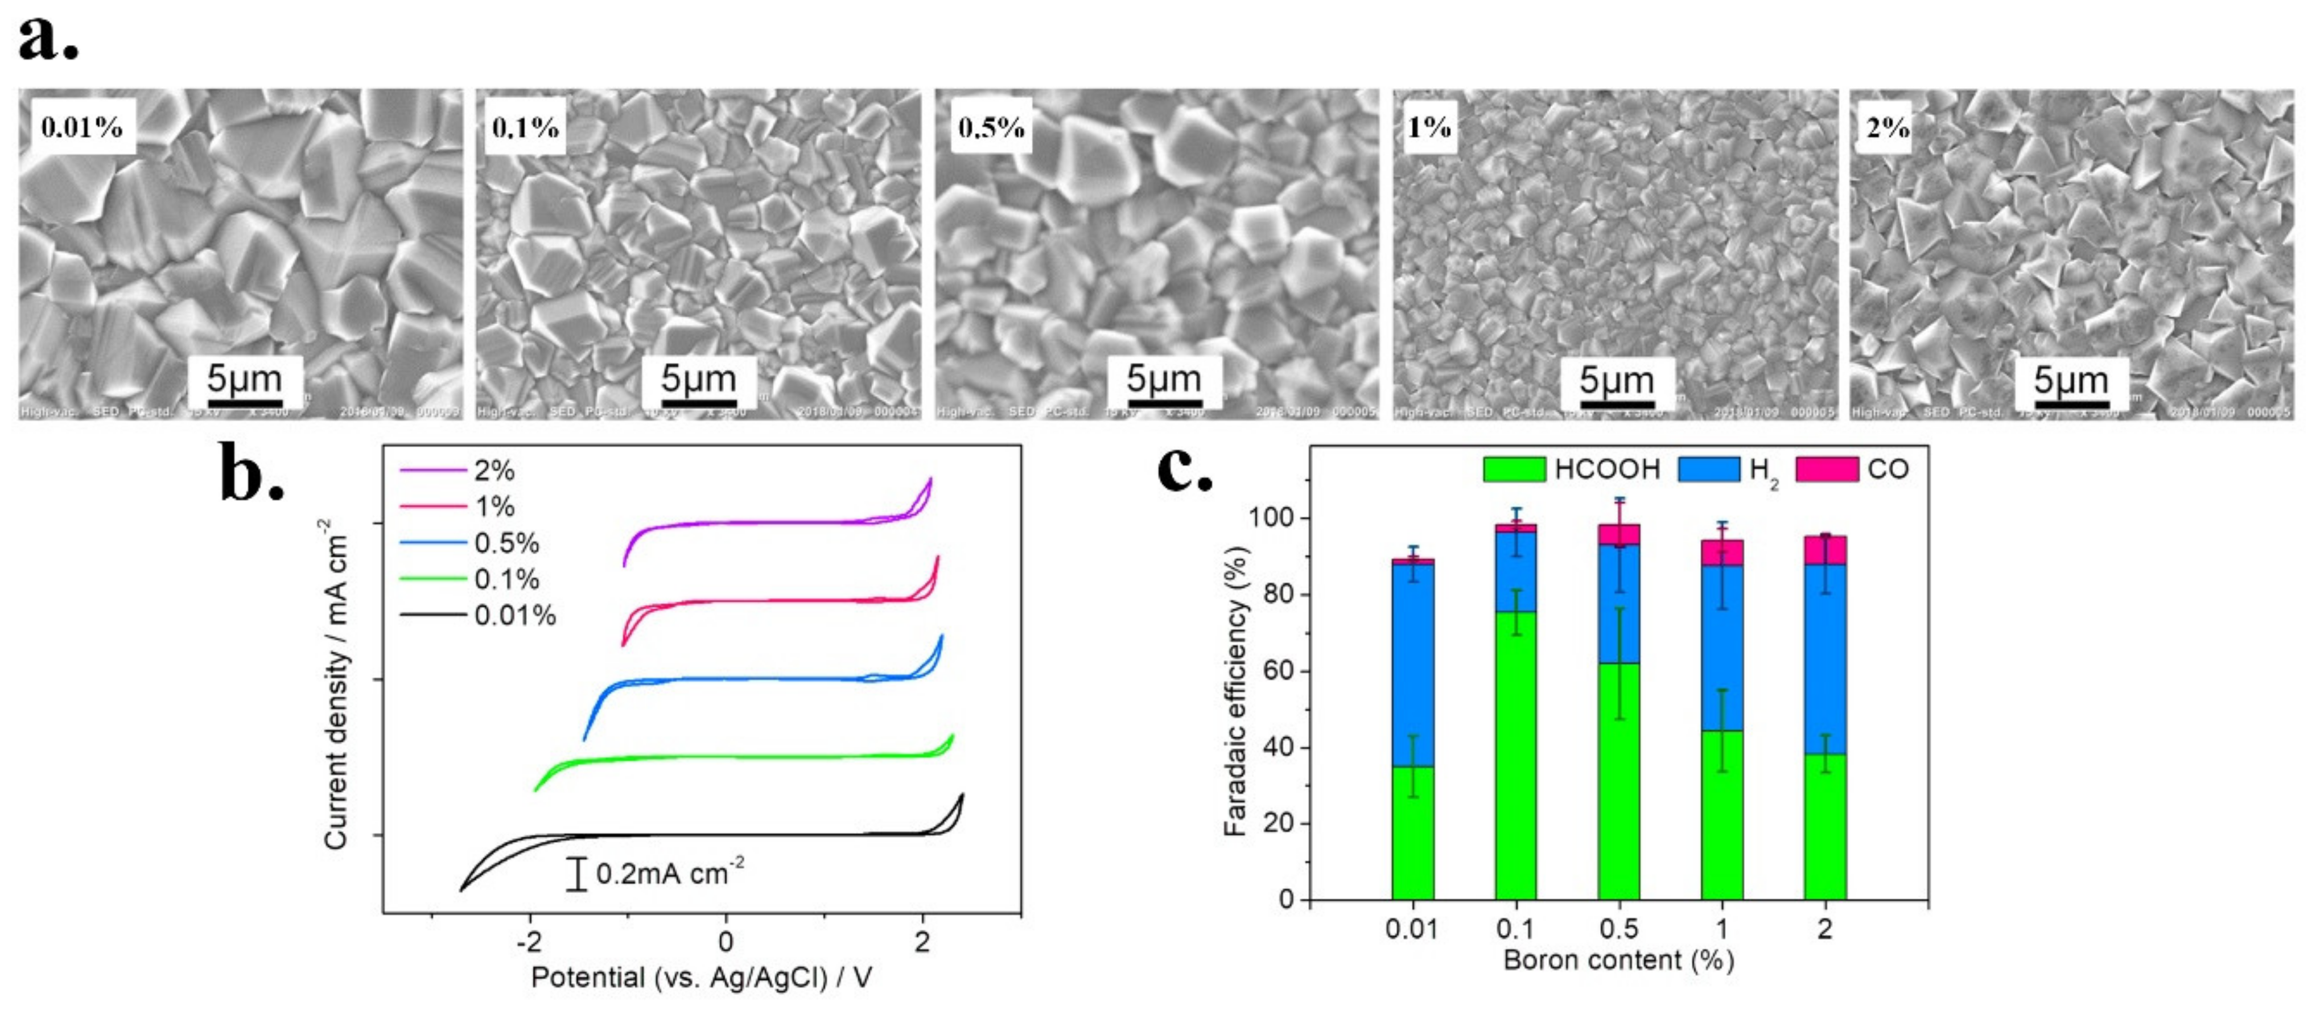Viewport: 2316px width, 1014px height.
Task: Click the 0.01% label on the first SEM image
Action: (81, 127)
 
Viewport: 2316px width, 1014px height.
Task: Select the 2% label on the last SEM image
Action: (1887, 127)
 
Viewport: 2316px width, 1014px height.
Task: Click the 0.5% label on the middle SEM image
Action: (991, 127)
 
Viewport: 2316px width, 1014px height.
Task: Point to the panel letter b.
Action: (251, 475)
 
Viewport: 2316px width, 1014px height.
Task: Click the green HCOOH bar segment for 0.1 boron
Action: (1516, 755)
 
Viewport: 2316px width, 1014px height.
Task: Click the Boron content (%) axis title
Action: (1618, 960)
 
